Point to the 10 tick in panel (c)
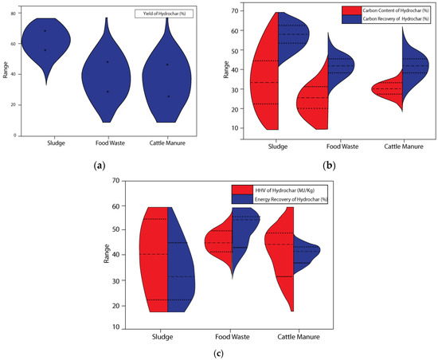(x=115, y=327)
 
